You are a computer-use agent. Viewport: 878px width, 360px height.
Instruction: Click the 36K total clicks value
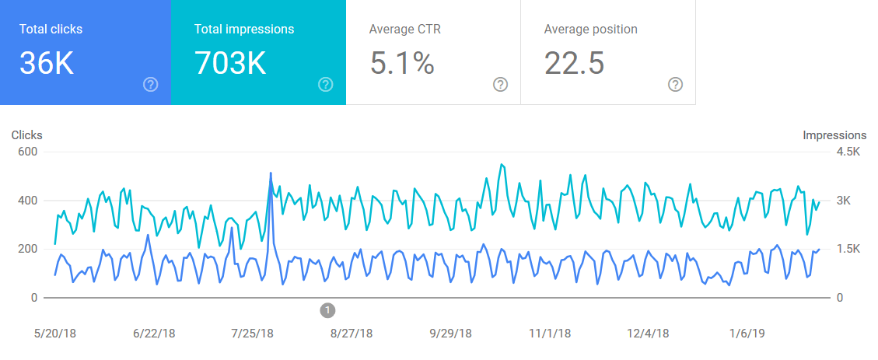47,62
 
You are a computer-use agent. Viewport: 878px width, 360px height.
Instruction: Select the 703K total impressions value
230,62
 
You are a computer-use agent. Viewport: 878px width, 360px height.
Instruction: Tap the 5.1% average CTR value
402,62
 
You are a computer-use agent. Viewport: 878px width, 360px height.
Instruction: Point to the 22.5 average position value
574,62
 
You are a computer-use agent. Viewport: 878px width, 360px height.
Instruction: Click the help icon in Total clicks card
151,85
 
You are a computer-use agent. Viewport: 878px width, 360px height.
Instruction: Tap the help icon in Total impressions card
325,85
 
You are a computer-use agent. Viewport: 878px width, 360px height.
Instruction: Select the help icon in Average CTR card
500,85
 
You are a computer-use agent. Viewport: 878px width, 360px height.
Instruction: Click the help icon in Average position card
675,85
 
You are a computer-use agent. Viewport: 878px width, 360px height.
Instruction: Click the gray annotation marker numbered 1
327,310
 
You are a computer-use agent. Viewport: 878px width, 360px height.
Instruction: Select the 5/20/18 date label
55,334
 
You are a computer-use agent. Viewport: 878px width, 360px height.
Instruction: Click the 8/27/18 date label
352,334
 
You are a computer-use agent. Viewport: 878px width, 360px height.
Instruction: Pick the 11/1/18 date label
550,334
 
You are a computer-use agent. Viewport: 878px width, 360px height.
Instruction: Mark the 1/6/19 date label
747,334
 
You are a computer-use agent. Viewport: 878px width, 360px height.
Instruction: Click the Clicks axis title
27,135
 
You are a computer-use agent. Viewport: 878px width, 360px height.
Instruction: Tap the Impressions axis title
834,135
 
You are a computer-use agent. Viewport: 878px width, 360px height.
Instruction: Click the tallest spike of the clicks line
271,173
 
